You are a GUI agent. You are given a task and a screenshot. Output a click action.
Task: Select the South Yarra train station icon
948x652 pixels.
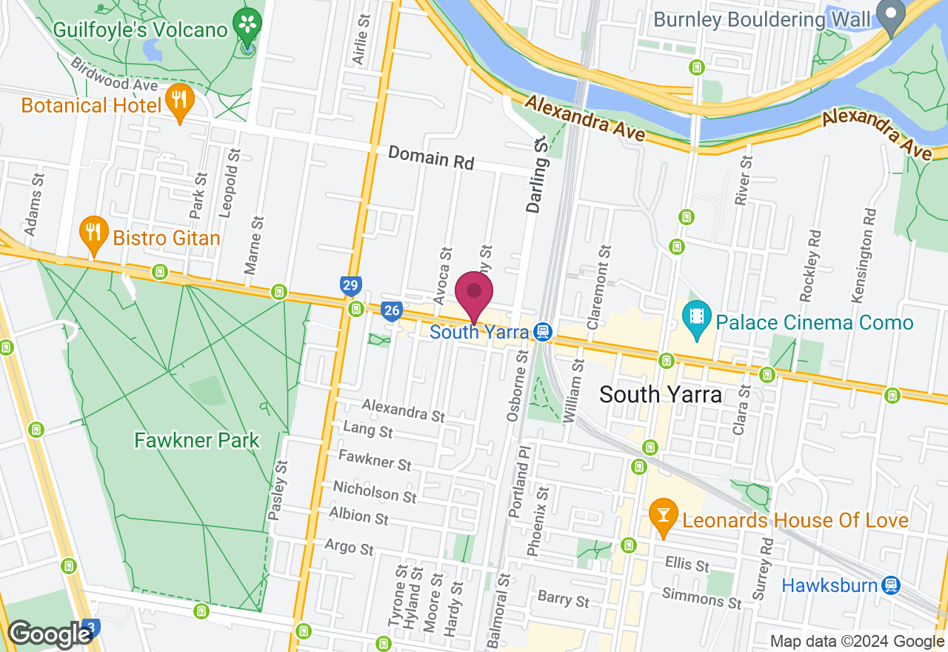[543, 331]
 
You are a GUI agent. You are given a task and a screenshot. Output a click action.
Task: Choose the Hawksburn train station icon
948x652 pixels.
[891, 585]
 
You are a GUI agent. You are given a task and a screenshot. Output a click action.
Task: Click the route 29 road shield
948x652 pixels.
[351, 285]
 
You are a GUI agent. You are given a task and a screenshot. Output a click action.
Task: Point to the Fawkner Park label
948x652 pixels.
[197, 440]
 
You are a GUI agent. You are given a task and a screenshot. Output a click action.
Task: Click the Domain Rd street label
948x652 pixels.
[430, 157]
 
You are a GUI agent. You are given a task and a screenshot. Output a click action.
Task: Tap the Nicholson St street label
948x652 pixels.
[374, 490]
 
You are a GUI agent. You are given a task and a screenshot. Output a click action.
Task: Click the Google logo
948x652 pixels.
[49, 634]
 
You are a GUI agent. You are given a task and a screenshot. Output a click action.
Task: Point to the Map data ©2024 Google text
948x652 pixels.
[857, 642]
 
